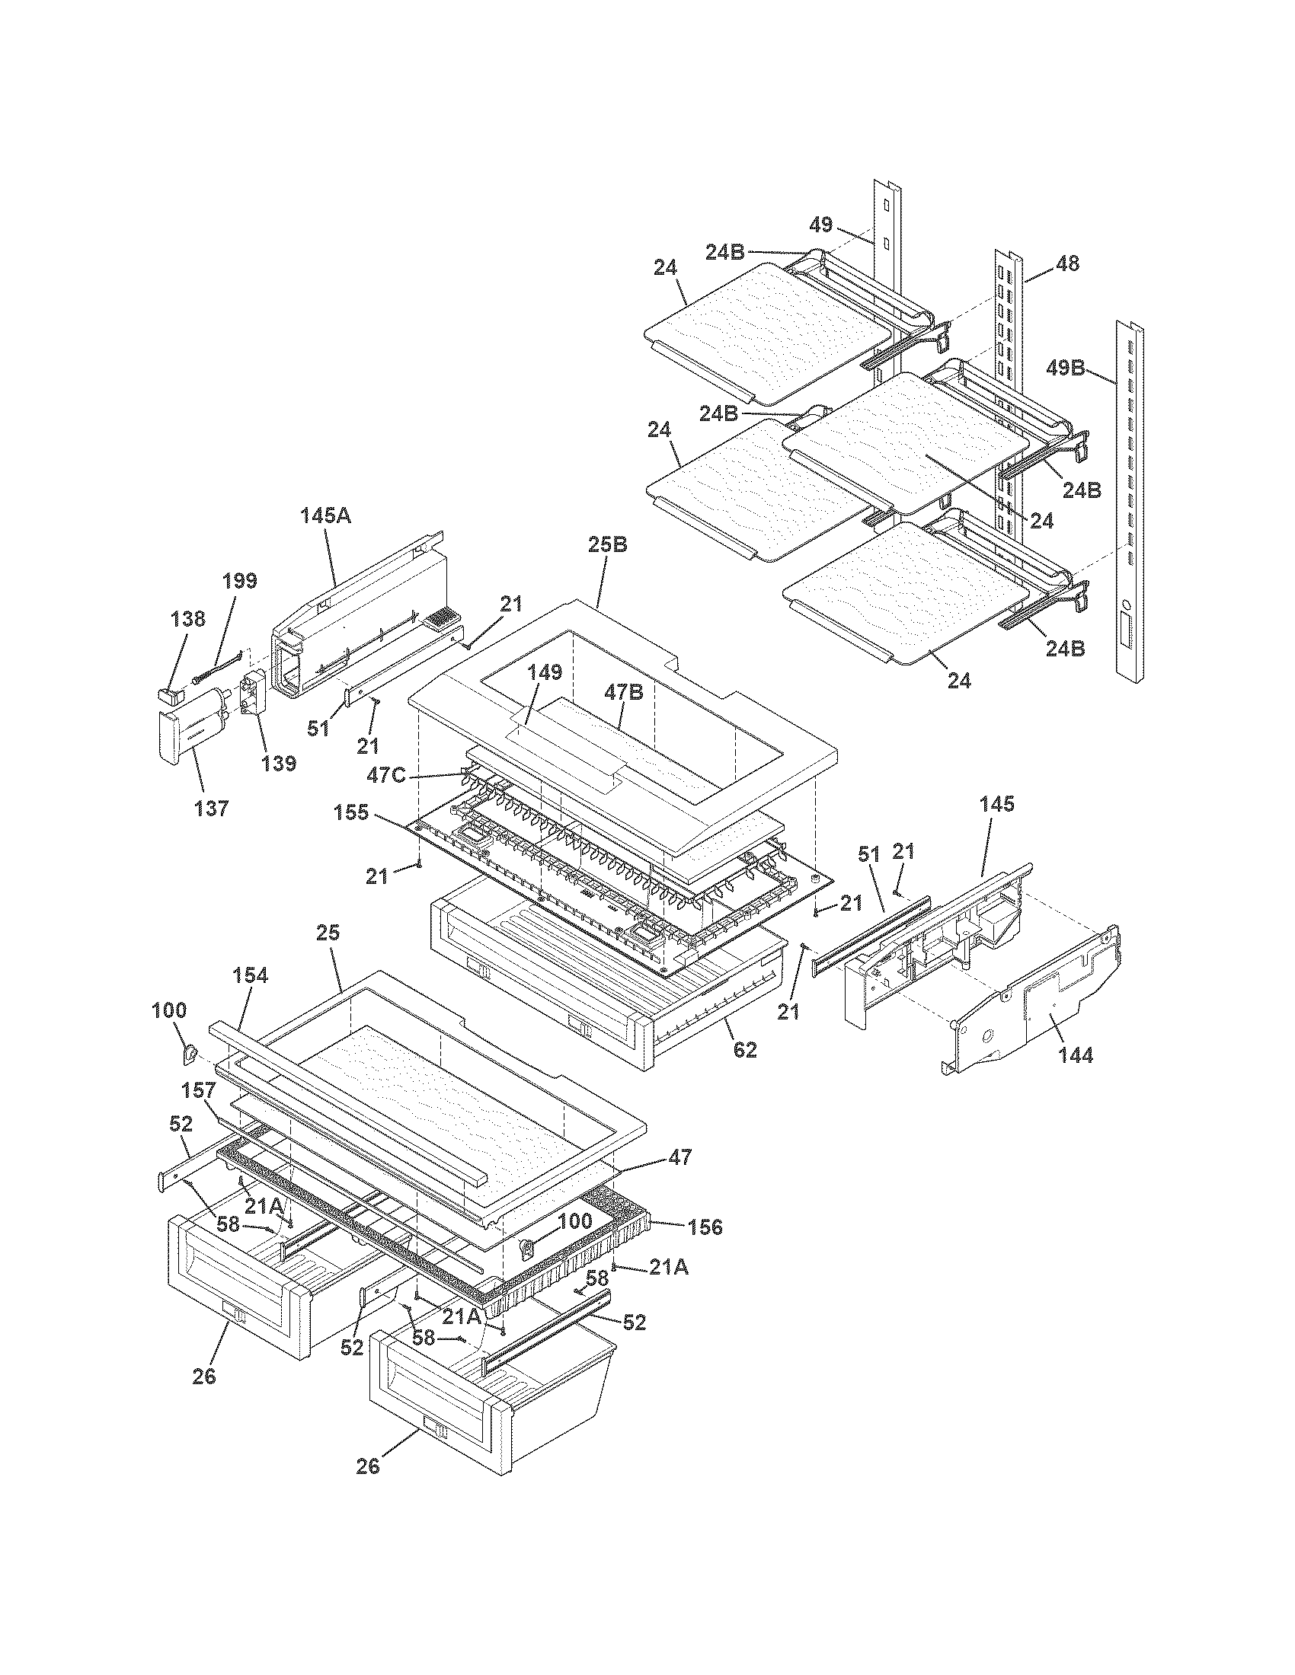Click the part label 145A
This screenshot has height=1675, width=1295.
[x=325, y=515]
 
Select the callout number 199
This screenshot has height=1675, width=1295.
[x=240, y=581]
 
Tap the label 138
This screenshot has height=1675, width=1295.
[x=188, y=618]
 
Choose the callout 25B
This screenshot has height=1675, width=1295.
[x=609, y=544]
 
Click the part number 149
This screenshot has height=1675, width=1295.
[x=544, y=672]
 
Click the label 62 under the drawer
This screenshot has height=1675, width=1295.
[x=744, y=1050]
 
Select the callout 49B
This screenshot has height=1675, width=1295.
[x=1065, y=368]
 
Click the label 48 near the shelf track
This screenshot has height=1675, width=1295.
[x=1066, y=263]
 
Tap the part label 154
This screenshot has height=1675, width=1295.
[x=250, y=975]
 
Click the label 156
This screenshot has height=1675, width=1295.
[x=705, y=1227]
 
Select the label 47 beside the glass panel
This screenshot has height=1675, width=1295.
[x=679, y=1157]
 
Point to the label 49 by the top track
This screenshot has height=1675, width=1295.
[x=821, y=225]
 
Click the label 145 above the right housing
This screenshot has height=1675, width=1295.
[x=996, y=804]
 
